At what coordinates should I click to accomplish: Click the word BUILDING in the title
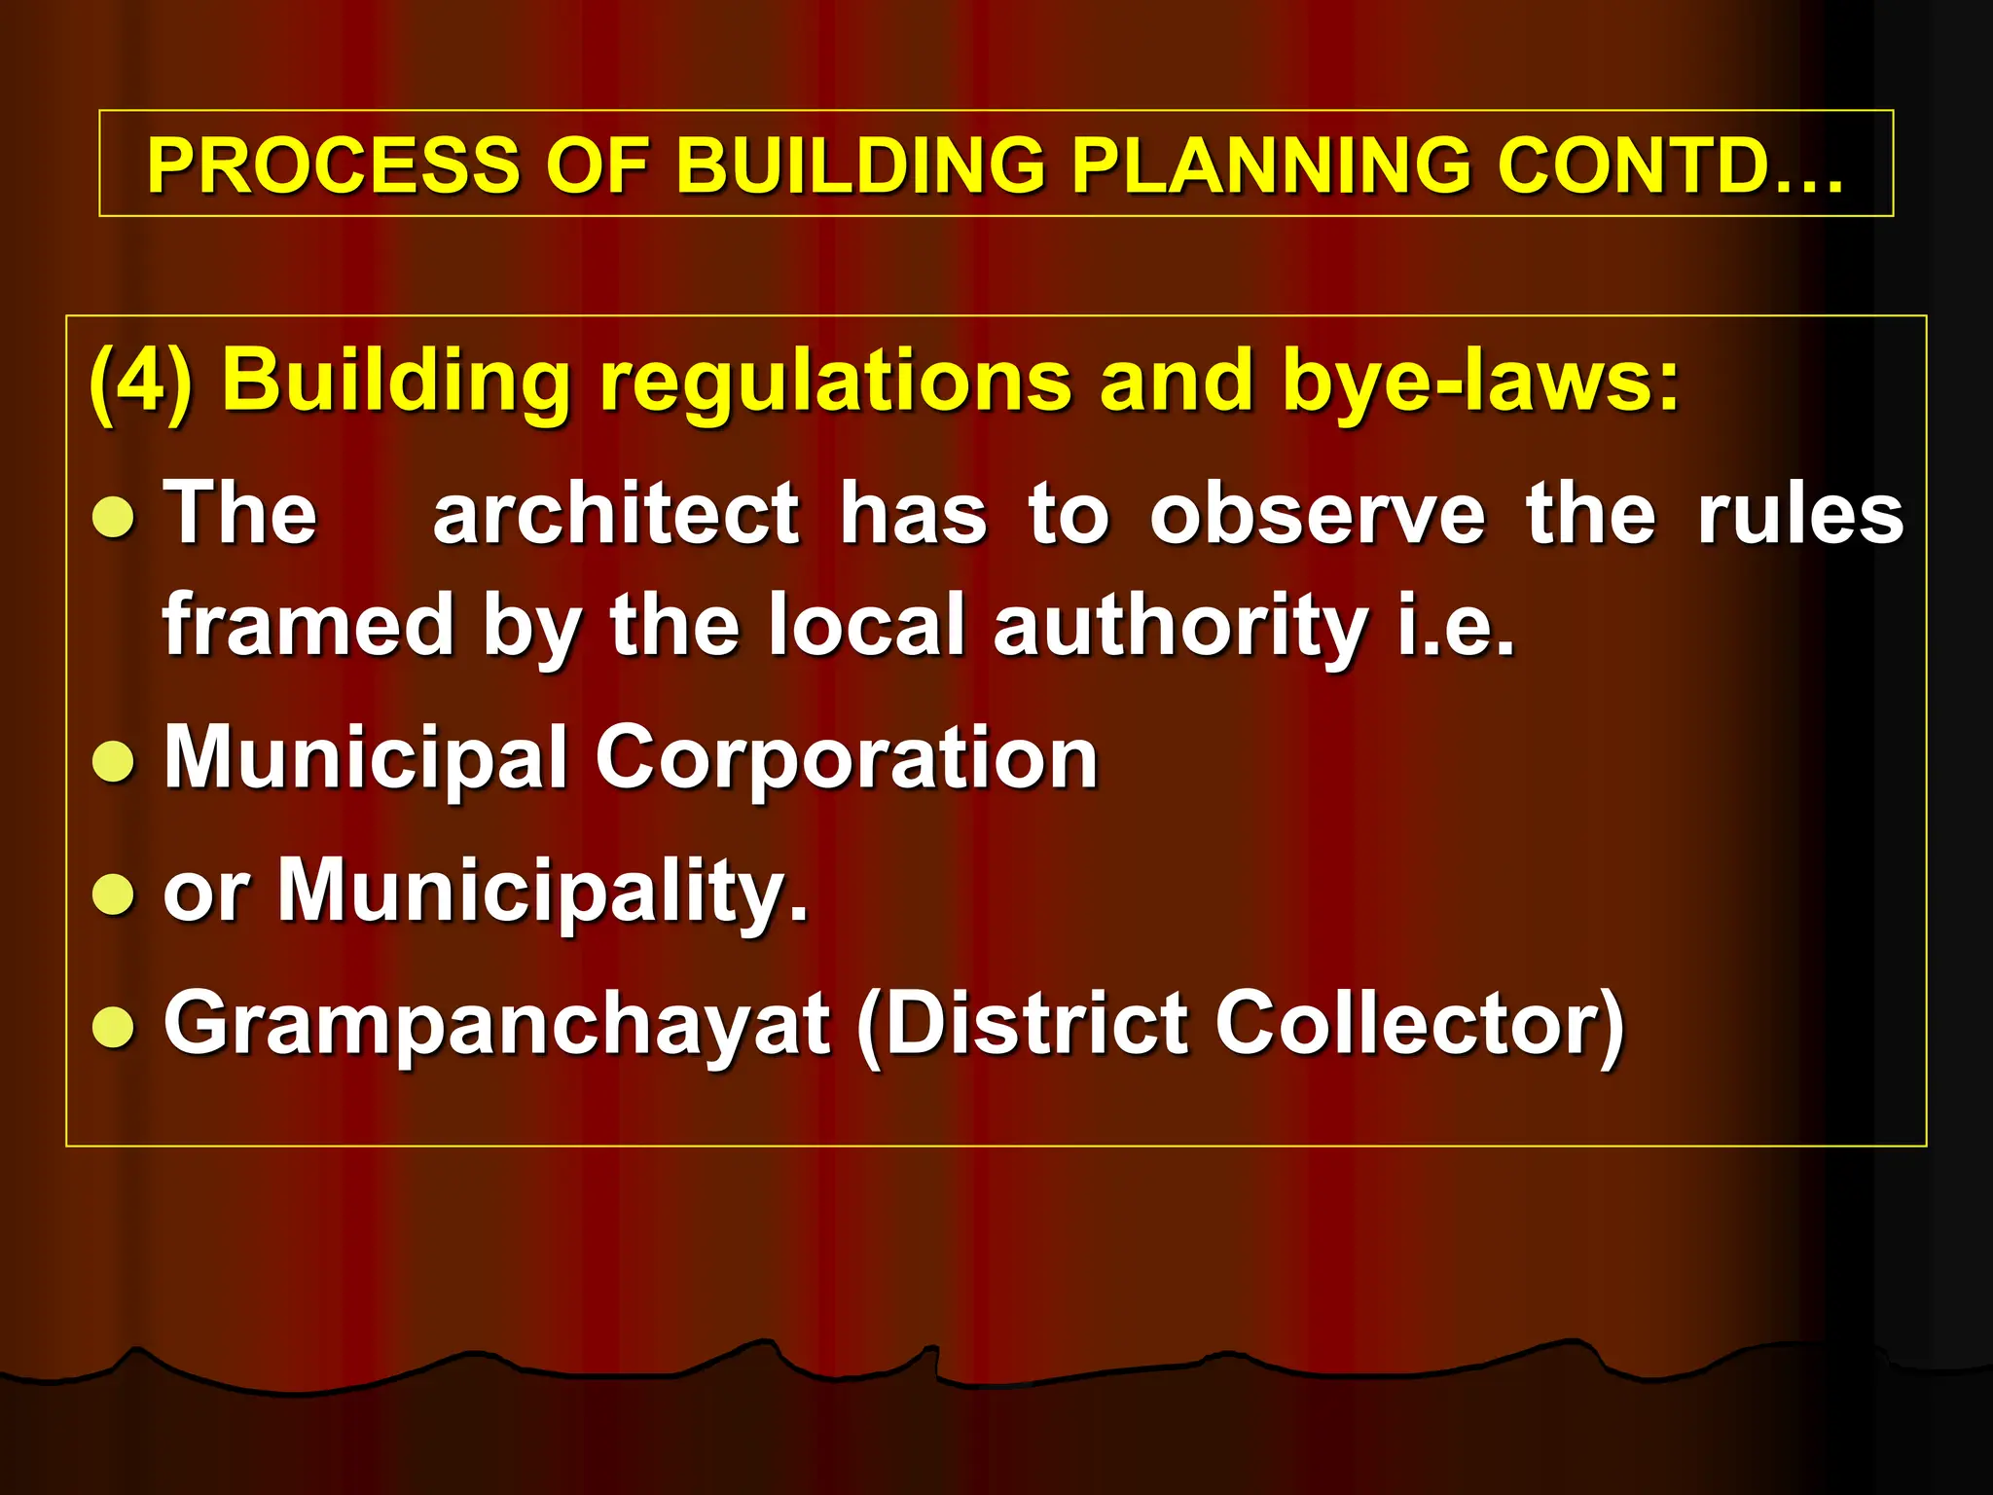[x=861, y=164]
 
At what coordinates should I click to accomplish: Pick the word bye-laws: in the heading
[x=1480, y=382]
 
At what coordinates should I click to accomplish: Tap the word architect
[x=616, y=513]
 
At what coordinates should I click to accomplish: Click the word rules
[x=1800, y=513]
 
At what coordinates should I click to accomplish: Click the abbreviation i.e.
[x=1456, y=625]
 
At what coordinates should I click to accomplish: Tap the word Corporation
[x=847, y=759]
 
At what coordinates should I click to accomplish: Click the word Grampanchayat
[x=496, y=1024]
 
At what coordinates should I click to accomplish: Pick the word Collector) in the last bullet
[x=1421, y=1024]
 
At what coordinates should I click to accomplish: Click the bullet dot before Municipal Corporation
[x=114, y=762]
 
